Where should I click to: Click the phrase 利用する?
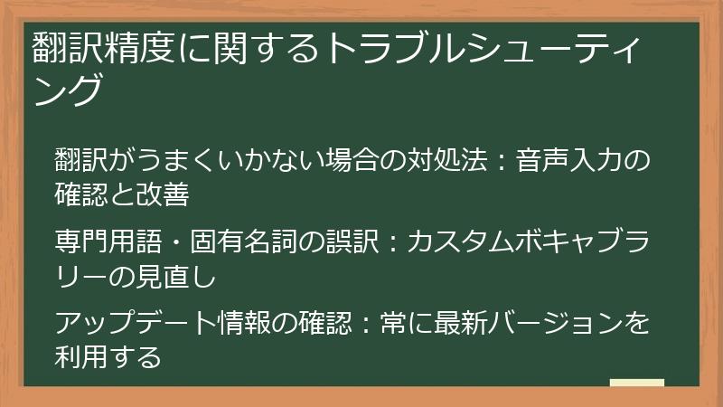tap(107, 355)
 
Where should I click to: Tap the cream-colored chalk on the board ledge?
tap(637, 383)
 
